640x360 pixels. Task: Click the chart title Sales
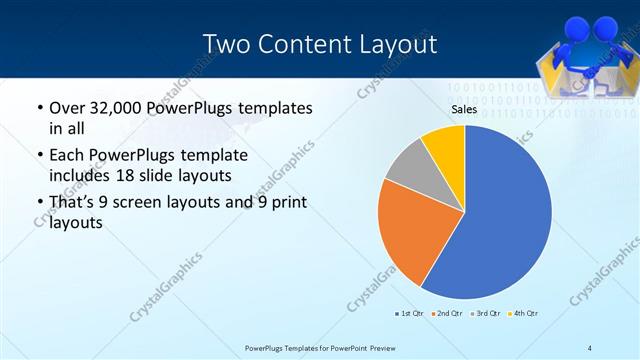463,110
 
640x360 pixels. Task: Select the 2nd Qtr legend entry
446,314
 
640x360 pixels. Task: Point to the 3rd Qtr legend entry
485,314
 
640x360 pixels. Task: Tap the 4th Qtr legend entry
523,314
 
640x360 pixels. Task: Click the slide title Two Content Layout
319,44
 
